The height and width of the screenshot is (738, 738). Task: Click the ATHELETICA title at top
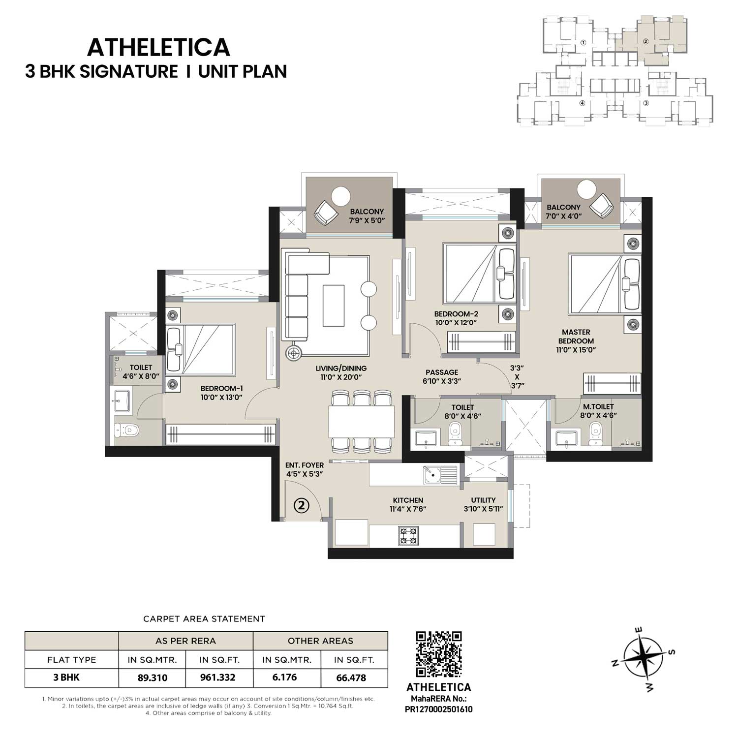(x=158, y=48)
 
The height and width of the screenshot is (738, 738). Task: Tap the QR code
(x=439, y=654)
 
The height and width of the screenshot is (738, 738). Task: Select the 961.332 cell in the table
(x=217, y=677)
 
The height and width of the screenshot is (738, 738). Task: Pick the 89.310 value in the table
(x=153, y=677)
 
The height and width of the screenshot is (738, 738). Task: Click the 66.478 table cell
(x=351, y=677)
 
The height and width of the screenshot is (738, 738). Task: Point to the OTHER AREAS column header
(x=320, y=641)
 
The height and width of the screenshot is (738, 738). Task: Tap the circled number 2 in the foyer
(x=302, y=505)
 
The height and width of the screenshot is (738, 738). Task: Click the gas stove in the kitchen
(x=408, y=535)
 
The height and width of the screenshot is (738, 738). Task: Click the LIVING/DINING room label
(x=341, y=372)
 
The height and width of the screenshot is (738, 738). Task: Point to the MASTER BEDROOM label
(x=576, y=337)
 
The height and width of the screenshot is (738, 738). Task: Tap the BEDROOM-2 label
(x=456, y=314)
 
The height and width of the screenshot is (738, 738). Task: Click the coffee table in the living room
(x=333, y=305)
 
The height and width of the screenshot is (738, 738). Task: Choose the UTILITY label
(x=483, y=500)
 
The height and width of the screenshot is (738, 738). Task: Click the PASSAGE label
(x=442, y=372)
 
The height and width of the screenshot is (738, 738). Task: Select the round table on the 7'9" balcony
(x=341, y=196)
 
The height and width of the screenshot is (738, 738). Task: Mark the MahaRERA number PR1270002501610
(x=439, y=709)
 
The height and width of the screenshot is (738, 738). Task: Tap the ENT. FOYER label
(x=305, y=465)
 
